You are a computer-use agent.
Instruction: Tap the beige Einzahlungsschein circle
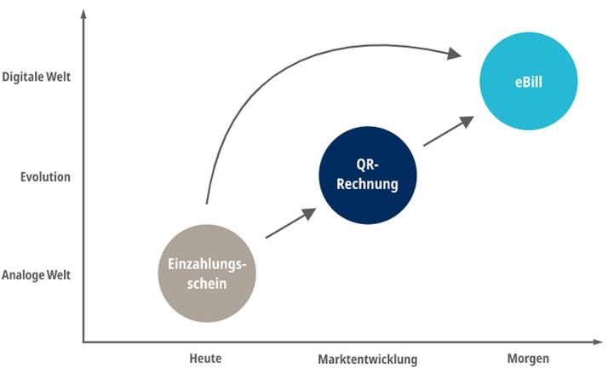(x=207, y=273)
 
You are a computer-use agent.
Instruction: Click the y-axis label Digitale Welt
(x=37, y=77)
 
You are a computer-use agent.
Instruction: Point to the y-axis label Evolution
(x=45, y=177)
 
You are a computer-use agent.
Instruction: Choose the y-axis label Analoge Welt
(x=37, y=276)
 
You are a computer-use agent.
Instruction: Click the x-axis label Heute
(x=205, y=359)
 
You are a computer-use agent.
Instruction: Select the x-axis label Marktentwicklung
(x=368, y=360)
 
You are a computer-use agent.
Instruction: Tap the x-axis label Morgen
(x=528, y=359)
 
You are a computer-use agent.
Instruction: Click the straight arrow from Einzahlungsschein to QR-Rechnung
(x=290, y=223)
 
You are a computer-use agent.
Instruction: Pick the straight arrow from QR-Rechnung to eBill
(x=448, y=131)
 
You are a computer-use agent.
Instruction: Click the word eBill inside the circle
(x=528, y=83)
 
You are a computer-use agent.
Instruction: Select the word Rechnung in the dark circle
(x=368, y=183)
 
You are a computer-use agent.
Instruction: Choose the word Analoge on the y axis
(x=24, y=276)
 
